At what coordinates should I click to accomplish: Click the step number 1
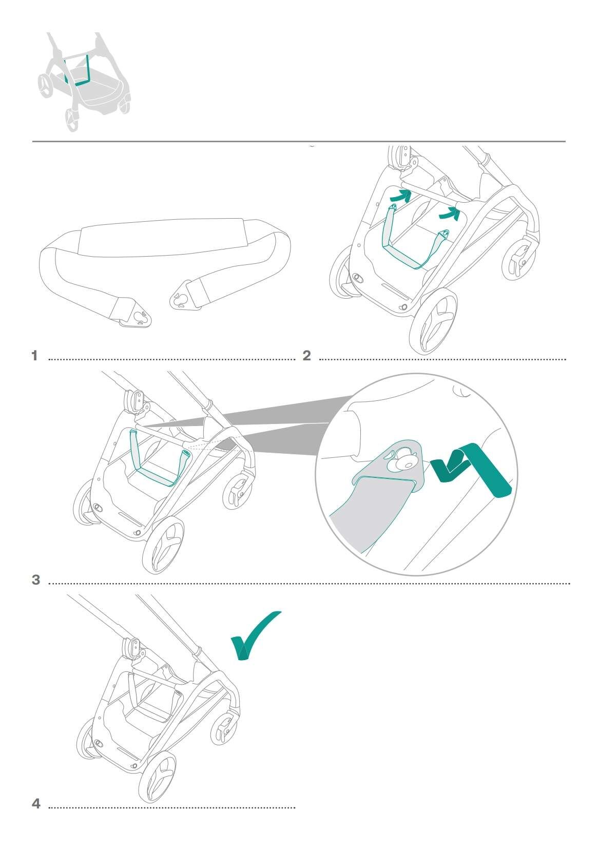pyautogui.click(x=35, y=356)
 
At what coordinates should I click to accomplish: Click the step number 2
pyautogui.click(x=306, y=356)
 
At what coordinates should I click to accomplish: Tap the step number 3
pyautogui.click(x=36, y=580)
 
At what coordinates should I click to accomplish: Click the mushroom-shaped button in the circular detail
pyautogui.click(x=404, y=458)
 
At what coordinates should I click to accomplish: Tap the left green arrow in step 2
pyautogui.click(x=401, y=197)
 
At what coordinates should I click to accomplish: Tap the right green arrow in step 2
pyautogui.click(x=450, y=214)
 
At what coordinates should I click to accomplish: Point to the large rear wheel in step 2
pyautogui.click(x=433, y=321)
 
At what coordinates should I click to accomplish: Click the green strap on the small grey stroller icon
pyautogui.click(x=77, y=70)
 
